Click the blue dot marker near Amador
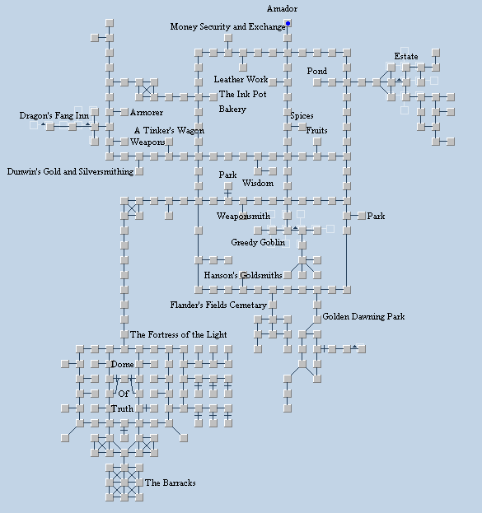tap(288, 23)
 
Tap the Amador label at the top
tap(282, 8)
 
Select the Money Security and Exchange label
tap(228, 26)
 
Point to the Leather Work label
tap(241, 79)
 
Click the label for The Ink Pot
tap(242, 94)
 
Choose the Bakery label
tap(232, 109)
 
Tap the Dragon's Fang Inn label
tap(54, 115)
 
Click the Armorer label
tap(147, 112)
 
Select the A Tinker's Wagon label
tap(169, 130)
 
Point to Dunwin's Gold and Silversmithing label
tap(70, 171)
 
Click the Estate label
tap(406, 56)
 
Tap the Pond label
tap(317, 71)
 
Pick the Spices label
tap(302, 115)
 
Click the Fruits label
tap(316, 130)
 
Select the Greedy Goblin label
tap(258, 242)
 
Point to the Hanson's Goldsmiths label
tap(243, 275)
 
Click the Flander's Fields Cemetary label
tap(218, 305)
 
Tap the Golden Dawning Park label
tap(363, 316)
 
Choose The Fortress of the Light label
tap(179, 334)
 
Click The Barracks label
tap(171, 483)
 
